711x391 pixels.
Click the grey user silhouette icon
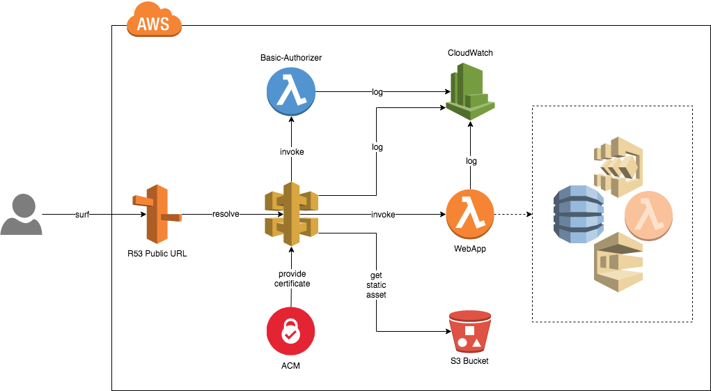click(x=21, y=215)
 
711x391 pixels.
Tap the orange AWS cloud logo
click(x=153, y=24)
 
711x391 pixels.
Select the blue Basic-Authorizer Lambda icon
click(x=290, y=92)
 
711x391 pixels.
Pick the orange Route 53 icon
click(x=157, y=215)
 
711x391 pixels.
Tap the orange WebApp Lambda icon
click(x=470, y=215)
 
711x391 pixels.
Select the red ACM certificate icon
click(x=290, y=332)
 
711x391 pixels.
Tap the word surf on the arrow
click(x=83, y=215)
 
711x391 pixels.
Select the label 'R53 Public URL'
click(x=157, y=254)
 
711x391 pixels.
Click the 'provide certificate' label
click(x=292, y=278)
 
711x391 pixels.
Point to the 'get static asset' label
click(x=376, y=285)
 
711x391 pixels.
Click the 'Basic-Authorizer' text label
click(x=290, y=56)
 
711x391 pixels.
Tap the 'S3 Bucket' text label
click(x=470, y=360)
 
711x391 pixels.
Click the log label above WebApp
click(x=471, y=161)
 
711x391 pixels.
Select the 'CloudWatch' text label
click(x=470, y=53)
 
